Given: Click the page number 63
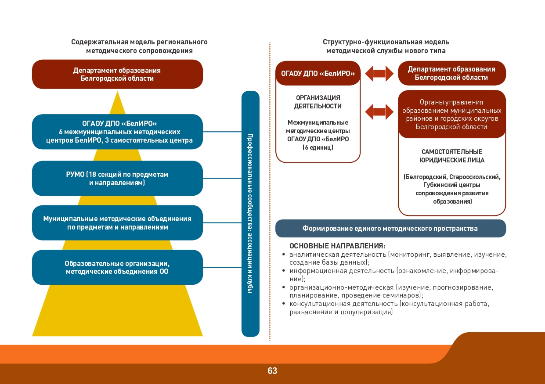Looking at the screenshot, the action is (x=272, y=371).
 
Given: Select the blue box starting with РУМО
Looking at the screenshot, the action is (x=117, y=178).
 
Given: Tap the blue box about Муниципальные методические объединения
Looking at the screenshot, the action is (x=117, y=223).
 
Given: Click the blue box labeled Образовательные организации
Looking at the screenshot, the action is (x=117, y=267).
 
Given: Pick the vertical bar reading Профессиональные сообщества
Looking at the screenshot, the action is (x=250, y=214).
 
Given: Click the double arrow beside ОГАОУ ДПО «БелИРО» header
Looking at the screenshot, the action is (x=379, y=73).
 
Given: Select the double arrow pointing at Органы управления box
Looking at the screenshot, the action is (x=379, y=112).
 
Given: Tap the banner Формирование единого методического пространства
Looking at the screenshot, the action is (x=390, y=228).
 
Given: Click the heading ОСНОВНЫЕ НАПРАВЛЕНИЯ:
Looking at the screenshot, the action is (x=337, y=246).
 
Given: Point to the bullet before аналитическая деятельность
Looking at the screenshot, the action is (x=283, y=255).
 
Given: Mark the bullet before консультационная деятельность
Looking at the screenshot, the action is (x=283, y=304).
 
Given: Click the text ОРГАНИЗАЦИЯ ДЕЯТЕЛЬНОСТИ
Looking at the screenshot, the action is (x=318, y=102).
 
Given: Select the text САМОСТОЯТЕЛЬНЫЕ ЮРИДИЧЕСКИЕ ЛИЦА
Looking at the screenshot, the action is (x=452, y=156).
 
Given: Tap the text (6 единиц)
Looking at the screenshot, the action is (x=318, y=147).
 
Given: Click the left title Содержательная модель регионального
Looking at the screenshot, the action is (x=139, y=42).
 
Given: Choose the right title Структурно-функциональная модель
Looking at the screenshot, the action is (x=386, y=42).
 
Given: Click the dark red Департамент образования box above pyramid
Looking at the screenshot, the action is (x=117, y=74).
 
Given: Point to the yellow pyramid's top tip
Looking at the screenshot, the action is (x=118, y=91).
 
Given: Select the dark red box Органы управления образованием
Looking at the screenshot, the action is (x=452, y=114).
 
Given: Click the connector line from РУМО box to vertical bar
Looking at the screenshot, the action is (x=222, y=178).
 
